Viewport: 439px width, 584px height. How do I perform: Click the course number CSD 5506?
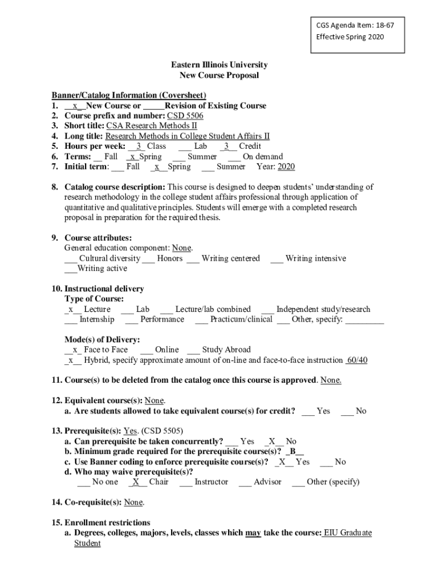177,116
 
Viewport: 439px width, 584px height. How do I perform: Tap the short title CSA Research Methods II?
151,126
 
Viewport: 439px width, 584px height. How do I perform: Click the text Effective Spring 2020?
350,37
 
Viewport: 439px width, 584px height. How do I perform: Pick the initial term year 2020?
286,167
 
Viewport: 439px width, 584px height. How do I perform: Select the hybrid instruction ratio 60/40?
357,360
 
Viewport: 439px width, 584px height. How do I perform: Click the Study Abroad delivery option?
226,350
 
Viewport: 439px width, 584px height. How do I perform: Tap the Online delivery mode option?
166,350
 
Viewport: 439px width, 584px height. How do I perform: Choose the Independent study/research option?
323,309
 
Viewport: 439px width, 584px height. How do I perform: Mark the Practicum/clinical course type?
241,319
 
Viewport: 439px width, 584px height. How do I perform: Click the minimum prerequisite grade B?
292,452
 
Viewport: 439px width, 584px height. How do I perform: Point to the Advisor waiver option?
267,482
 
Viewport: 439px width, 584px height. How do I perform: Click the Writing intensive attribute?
315,258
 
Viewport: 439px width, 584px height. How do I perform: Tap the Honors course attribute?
170,258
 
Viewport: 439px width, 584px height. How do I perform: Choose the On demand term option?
262,156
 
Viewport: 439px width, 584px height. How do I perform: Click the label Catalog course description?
115,187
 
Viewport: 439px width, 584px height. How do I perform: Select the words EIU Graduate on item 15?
347,533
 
